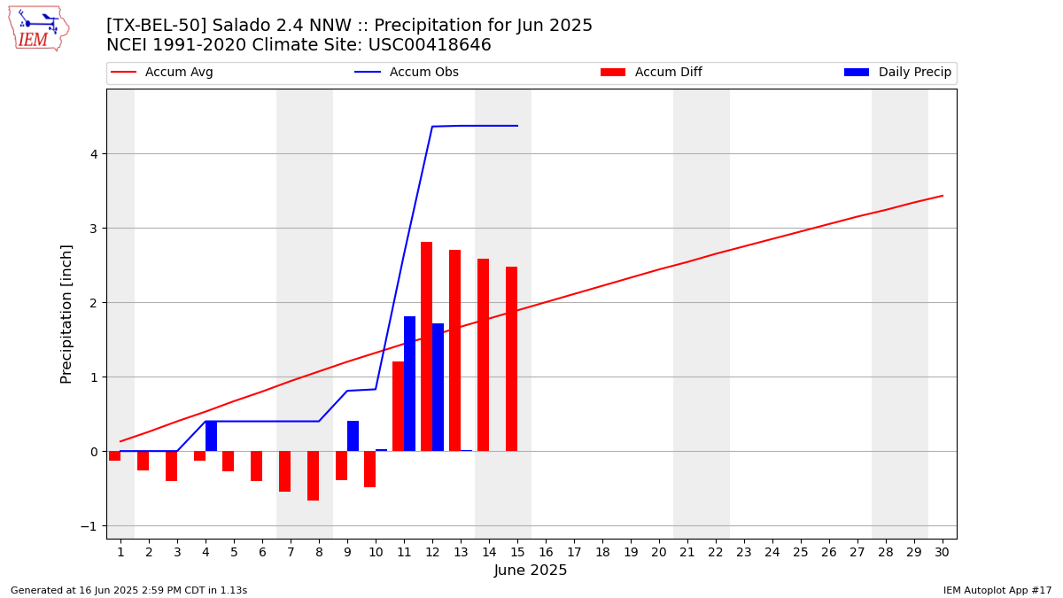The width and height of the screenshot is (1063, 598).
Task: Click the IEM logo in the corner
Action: tap(39, 29)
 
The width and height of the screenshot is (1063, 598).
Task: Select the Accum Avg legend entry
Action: tap(162, 72)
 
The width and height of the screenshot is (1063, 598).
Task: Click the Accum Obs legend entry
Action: tap(407, 72)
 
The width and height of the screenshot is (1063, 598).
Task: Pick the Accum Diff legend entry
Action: tap(651, 72)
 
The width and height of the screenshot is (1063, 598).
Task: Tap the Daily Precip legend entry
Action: tap(897, 72)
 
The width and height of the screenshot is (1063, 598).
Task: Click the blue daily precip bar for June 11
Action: tap(409, 384)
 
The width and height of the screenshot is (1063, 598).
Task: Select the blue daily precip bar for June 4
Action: tap(211, 436)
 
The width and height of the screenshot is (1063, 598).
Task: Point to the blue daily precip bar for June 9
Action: tap(353, 436)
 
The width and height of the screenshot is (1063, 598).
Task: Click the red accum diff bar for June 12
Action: tap(427, 346)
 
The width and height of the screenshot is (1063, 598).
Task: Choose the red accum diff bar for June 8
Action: tap(314, 476)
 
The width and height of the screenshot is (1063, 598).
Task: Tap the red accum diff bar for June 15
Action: tap(512, 359)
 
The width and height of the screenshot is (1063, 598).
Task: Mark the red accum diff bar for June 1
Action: tap(115, 455)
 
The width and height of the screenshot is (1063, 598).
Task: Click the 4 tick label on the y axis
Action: tap(94, 154)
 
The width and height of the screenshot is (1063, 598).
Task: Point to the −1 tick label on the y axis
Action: tap(89, 526)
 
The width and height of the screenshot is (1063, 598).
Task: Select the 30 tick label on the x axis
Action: tap(942, 552)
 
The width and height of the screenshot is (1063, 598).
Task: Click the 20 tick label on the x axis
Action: tap(659, 552)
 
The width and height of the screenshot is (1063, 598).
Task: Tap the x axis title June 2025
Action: tap(531, 570)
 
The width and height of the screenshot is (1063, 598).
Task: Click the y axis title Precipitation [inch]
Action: tap(66, 315)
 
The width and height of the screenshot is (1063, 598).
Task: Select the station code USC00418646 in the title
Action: tap(430, 44)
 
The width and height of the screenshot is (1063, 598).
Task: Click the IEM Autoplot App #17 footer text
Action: tap(997, 590)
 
